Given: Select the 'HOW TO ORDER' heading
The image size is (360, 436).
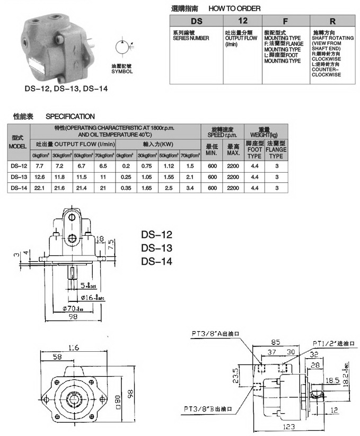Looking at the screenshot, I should (234, 8).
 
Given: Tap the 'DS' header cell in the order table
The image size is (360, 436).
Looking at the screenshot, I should (197, 22).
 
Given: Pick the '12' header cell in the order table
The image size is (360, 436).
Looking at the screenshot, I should (243, 22).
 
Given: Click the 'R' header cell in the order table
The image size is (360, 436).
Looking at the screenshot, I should (332, 22).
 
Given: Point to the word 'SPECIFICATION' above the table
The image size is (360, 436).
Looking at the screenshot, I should (71, 116).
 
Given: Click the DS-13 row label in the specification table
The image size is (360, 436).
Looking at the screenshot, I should (19, 176).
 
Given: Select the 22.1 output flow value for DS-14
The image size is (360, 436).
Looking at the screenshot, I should (40, 188).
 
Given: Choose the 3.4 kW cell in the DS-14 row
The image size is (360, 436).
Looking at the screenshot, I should (189, 188).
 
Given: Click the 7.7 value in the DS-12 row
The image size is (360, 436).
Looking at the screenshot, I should (40, 166).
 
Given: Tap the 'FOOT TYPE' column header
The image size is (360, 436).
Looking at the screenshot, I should (254, 150).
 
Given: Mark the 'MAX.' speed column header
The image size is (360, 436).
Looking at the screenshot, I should (233, 150).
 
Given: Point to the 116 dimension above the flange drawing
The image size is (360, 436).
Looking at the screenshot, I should (73, 348).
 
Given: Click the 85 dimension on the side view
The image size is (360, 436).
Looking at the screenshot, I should (275, 342).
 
